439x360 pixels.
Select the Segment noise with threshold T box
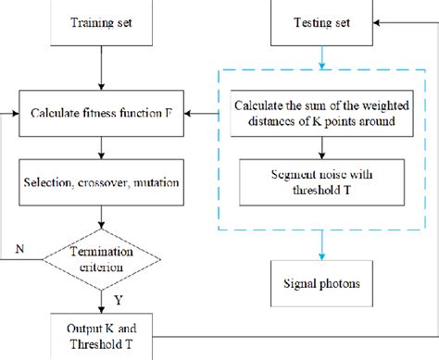320,181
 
